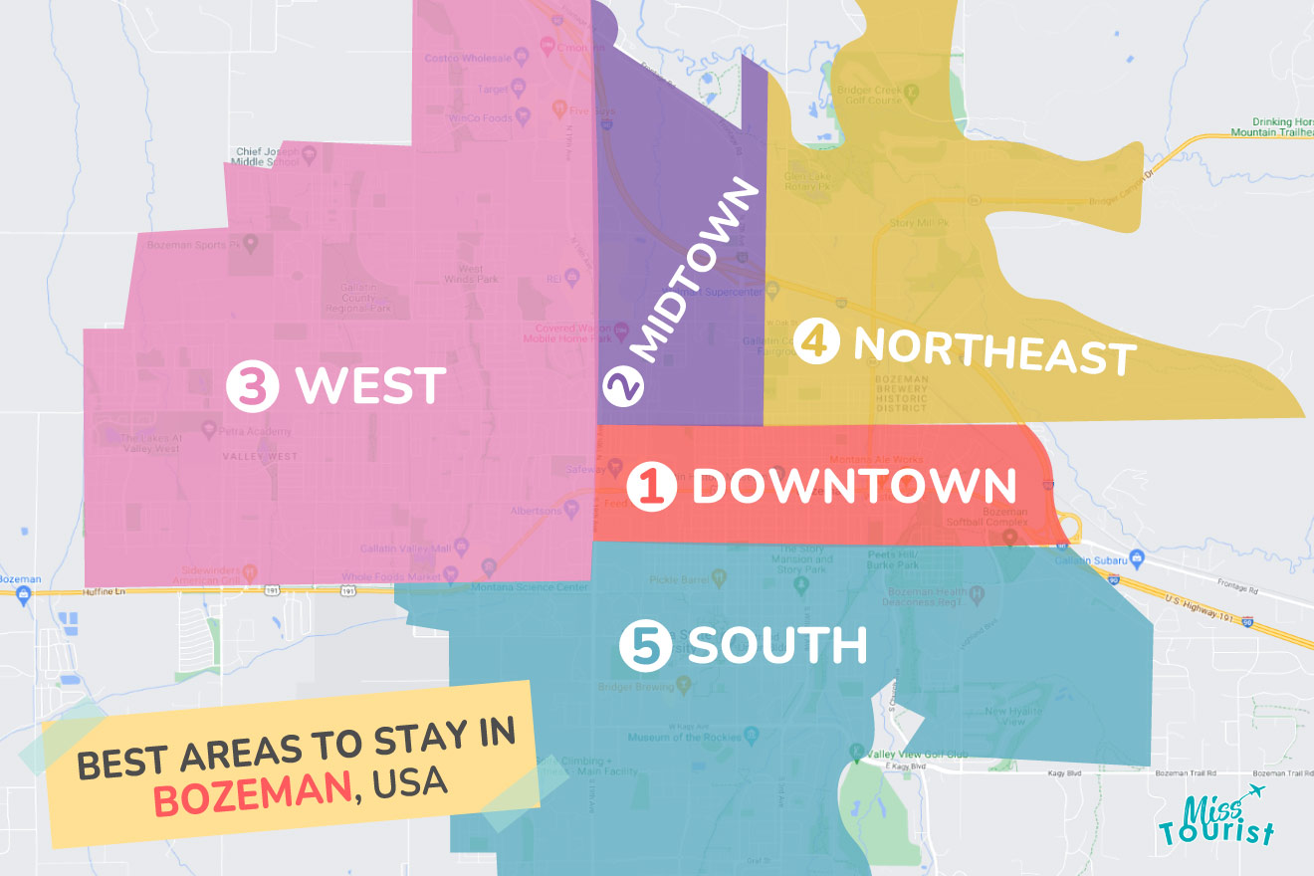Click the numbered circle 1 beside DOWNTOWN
[652, 488]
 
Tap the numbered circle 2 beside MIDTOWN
[622, 386]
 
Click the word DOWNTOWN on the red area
[854, 487]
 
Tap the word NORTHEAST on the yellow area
[994, 350]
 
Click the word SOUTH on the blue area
[776, 646]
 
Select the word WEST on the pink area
[368, 386]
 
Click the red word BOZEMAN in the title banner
[254, 796]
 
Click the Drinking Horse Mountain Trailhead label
[1270, 125]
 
